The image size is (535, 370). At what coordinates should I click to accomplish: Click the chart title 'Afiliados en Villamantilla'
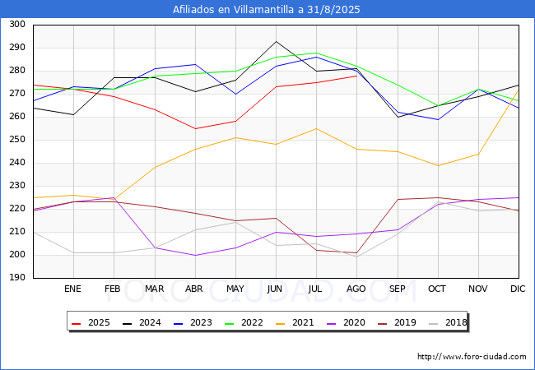coord(267,10)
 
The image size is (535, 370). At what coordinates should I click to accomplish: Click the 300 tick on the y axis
coord(16,25)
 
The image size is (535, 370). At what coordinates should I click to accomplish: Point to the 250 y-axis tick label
coord(16,140)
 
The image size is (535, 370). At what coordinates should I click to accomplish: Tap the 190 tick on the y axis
coord(16,278)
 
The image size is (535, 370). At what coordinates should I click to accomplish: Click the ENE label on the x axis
coord(73,289)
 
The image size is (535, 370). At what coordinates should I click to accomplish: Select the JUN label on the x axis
coord(276,289)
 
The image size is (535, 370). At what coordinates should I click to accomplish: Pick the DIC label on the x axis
coord(518,289)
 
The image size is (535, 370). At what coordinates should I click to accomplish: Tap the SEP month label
coord(397,289)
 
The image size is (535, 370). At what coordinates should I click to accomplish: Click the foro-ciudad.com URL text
coord(472,357)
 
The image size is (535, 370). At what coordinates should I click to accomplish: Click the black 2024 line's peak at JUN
coord(276,41)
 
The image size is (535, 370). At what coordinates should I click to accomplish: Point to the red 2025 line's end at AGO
coord(356,76)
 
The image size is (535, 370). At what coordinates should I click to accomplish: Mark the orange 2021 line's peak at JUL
coord(316,128)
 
